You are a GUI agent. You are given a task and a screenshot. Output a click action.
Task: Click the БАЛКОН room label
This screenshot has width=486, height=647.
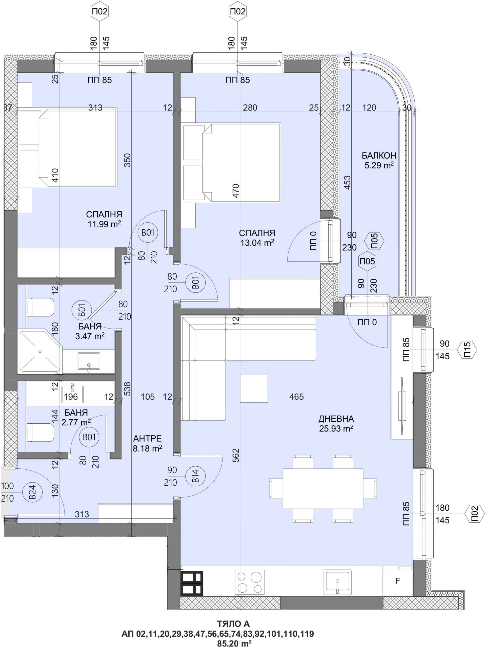click(379, 155)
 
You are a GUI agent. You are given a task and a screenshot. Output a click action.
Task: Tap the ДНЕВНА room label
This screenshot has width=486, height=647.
click(336, 419)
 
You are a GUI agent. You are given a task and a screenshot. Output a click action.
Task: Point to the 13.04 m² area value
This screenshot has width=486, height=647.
click(257, 243)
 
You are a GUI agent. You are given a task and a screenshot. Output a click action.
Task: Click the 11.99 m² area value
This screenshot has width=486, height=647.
click(104, 224)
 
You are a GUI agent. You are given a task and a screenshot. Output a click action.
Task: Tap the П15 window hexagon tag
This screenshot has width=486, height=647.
click(467, 350)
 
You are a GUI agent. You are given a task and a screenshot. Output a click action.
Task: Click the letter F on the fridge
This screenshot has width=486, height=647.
click(397, 581)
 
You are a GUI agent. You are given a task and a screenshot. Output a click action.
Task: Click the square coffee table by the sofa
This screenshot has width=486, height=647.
click(254, 389)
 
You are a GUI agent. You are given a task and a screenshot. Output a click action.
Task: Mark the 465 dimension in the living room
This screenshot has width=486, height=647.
click(296, 397)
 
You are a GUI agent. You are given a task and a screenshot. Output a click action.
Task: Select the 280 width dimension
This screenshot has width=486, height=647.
click(250, 108)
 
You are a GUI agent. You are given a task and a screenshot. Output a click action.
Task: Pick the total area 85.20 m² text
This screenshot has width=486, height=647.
click(234, 643)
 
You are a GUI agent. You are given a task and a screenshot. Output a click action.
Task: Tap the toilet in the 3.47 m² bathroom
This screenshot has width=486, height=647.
click(40, 307)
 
